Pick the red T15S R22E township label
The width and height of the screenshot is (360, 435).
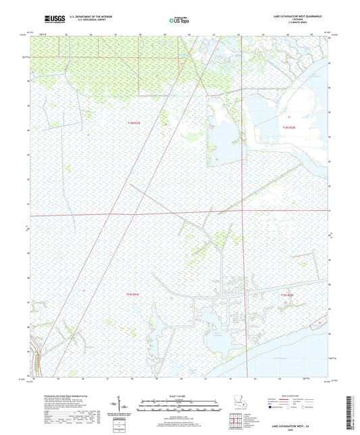(287, 295)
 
